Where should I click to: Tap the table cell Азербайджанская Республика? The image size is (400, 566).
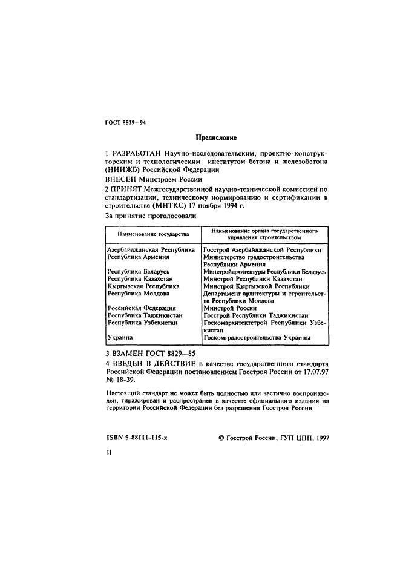coord(151,249)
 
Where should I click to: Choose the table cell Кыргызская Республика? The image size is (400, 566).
coord(143,286)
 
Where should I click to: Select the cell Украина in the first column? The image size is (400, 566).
coord(120,338)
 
